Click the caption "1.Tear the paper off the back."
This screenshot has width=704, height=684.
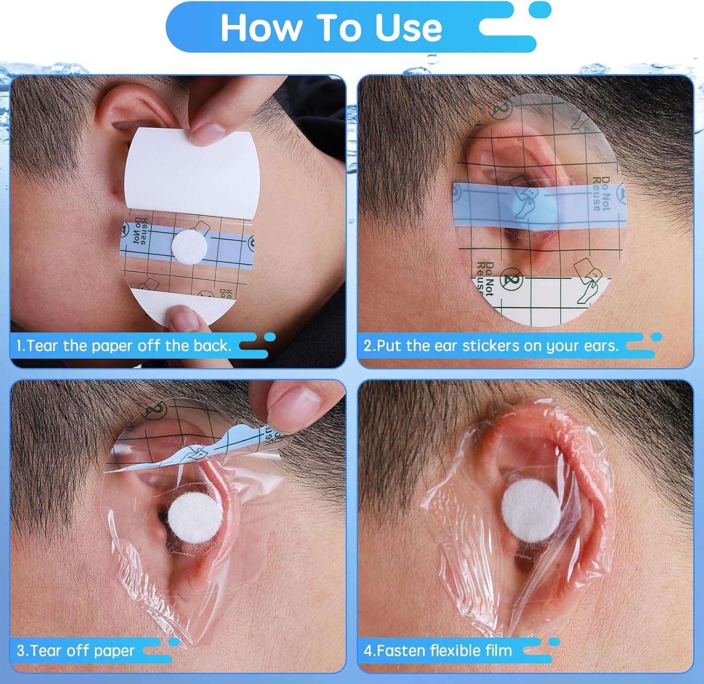[124, 346]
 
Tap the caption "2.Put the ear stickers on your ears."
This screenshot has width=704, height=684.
[491, 346]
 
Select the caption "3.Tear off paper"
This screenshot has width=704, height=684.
[76, 651]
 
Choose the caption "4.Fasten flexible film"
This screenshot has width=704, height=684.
[437, 651]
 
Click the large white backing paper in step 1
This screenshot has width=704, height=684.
[192, 174]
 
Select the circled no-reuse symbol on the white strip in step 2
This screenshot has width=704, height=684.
[511, 278]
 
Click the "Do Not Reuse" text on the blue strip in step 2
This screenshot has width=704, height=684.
[600, 193]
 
